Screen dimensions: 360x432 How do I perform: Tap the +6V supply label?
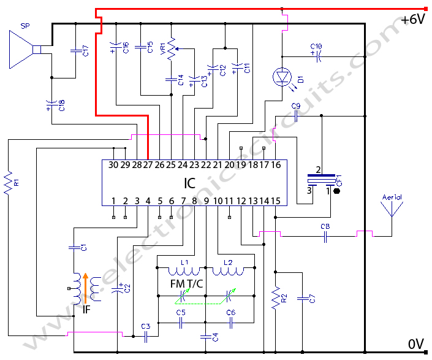[412, 20]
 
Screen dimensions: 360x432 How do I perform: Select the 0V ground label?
[416, 344]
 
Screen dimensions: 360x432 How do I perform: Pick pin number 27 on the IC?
[148, 164]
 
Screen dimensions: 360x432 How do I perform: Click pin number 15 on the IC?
[276, 201]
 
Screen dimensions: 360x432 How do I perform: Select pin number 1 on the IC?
[113, 201]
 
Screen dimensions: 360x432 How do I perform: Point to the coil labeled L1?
[182, 270]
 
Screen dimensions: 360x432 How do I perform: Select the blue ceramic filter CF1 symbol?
[322, 179]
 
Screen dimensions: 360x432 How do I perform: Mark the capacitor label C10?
[316, 46]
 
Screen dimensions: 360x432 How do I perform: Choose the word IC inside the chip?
[191, 183]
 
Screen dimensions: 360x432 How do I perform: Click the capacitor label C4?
[214, 337]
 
